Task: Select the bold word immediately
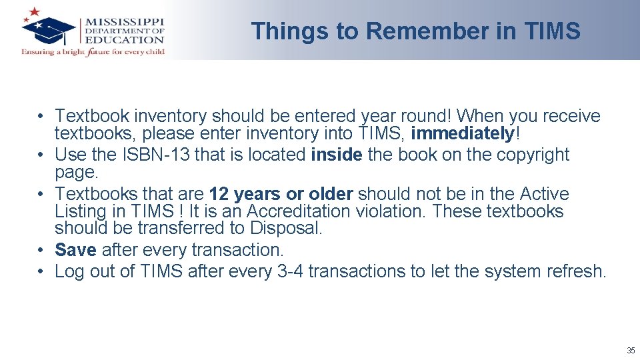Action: click(x=463, y=133)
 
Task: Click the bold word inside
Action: click(x=337, y=155)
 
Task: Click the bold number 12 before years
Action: click(x=219, y=194)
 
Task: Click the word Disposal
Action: click(x=286, y=228)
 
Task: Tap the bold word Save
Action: click(x=75, y=250)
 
